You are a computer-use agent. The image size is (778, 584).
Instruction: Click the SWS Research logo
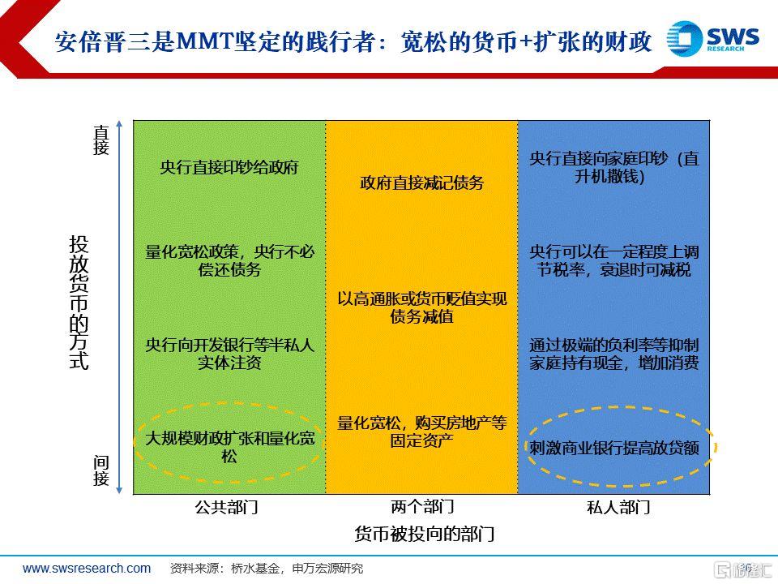pyautogui.click(x=712, y=38)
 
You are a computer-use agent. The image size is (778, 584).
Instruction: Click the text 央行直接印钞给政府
pyautogui.click(x=229, y=167)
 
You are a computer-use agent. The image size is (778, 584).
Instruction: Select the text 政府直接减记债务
pyautogui.click(x=421, y=182)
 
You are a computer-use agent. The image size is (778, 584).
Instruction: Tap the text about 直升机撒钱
pyautogui.click(x=613, y=167)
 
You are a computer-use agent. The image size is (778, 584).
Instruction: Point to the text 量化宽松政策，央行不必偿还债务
pyautogui.click(x=229, y=260)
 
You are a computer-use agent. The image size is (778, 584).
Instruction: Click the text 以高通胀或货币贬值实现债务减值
pyautogui.click(x=421, y=307)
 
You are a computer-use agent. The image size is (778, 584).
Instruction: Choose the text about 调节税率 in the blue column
pyautogui.click(x=613, y=260)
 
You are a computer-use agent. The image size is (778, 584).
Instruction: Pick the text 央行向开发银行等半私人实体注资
pyautogui.click(x=229, y=354)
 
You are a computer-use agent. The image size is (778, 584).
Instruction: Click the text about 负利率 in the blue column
pyautogui.click(x=613, y=354)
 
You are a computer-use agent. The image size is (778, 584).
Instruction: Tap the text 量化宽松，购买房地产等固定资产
pyautogui.click(x=421, y=432)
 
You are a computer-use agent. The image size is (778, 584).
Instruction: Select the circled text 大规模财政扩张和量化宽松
pyautogui.click(x=229, y=447)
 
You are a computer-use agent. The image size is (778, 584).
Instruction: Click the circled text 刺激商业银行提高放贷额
pyautogui.click(x=613, y=448)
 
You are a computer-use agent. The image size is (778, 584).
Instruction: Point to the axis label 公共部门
pyautogui.click(x=226, y=507)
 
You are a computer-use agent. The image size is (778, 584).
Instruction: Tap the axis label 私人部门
pyautogui.click(x=618, y=507)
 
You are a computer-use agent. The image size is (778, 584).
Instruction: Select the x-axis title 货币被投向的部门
pyautogui.click(x=424, y=534)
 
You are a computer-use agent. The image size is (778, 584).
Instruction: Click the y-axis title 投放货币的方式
pyautogui.click(x=79, y=303)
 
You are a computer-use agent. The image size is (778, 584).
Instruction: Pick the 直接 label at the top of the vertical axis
pyautogui.click(x=101, y=140)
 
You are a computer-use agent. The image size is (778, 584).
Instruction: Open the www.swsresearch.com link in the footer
pyautogui.click(x=87, y=568)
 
